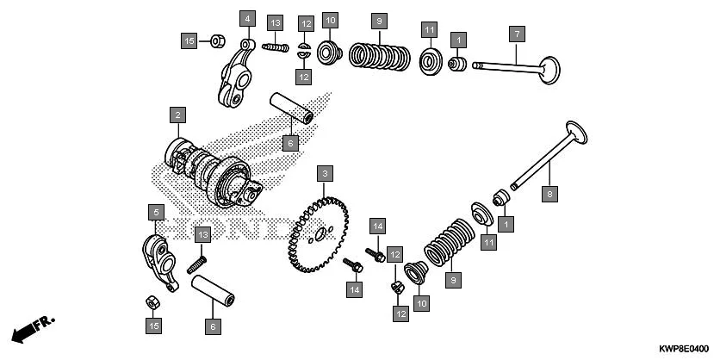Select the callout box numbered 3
[324, 174]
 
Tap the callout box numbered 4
[247, 18]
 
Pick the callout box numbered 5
[155, 212]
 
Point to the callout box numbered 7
[517, 34]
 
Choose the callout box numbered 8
[549, 195]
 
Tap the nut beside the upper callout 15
[217, 40]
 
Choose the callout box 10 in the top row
[329, 19]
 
